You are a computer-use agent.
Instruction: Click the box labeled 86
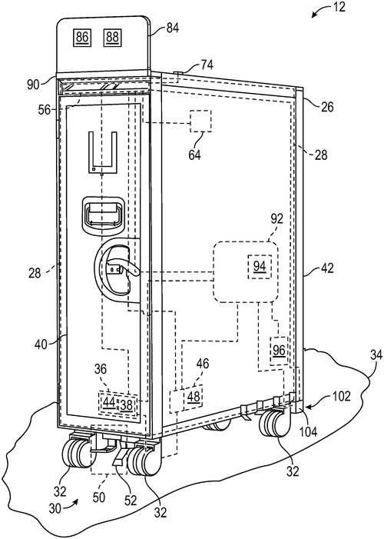pyautogui.click(x=82, y=37)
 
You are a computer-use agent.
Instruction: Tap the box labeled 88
pyautogui.click(x=112, y=37)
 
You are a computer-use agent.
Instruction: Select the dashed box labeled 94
pyautogui.click(x=260, y=266)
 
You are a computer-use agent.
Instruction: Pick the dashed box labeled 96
pyautogui.click(x=279, y=351)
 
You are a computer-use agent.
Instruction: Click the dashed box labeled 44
pyautogui.click(x=109, y=402)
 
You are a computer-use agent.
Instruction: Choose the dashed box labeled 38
pyautogui.click(x=127, y=404)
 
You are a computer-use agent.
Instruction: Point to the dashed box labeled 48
pyautogui.click(x=194, y=397)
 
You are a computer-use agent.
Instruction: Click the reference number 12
pyautogui.click(x=339, y=7)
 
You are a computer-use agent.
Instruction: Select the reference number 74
pyautogui.click(x=207, y=65)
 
